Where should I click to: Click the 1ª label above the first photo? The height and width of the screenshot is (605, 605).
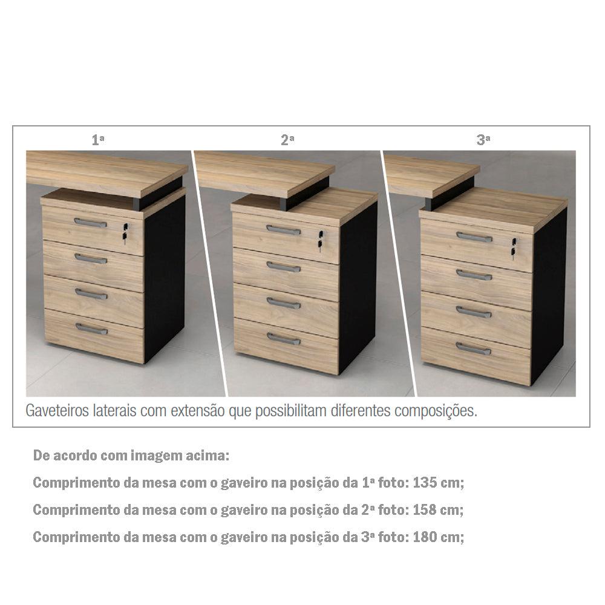[98, 140]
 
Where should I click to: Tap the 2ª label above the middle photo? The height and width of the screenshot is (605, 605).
[287, 140]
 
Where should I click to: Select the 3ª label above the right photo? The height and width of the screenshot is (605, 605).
[483, 140]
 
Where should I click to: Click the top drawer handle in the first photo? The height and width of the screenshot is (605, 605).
[90, 223]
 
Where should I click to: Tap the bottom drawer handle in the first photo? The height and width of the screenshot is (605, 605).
[91, 329]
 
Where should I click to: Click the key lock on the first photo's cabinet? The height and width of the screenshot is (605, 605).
[125, 234]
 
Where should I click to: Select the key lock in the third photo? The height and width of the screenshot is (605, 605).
[514, 249]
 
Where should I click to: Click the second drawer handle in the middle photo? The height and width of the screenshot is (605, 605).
[283, 267]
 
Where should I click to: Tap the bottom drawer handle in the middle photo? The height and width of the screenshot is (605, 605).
[283, 339]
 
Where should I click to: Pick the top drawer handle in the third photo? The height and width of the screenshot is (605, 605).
[474, 237]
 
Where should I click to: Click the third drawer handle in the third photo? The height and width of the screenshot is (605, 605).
[474, 312]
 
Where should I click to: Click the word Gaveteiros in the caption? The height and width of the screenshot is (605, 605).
[57, 411]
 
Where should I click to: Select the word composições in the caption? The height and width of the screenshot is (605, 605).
[436, 411]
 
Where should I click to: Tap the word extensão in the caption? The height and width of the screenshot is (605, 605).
[198, 411]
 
